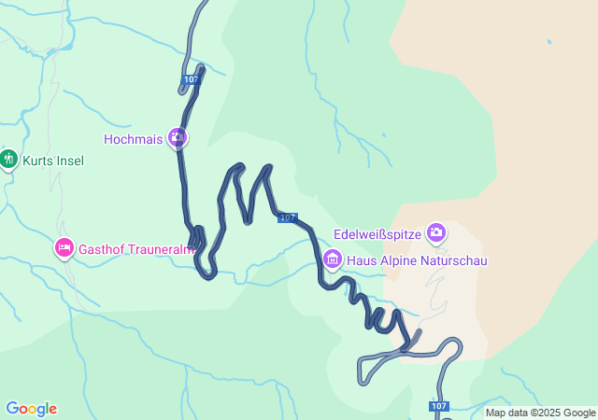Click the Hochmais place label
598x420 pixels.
pos(134,139)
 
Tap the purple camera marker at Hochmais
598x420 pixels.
pos(178,139)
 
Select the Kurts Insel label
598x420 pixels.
pos(53,161)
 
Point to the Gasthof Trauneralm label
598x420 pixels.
pos(136,249)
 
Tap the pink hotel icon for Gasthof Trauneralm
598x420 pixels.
pos(64,248)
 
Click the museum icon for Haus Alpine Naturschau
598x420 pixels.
pos(332,259)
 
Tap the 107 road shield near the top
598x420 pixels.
pos(192,79)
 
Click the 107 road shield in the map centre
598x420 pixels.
pos(288,217)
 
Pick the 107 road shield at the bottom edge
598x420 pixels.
pos(440,407)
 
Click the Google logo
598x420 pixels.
pos(31,409)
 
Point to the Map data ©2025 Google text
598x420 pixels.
pos(540,413)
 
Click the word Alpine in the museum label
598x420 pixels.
pos(397,259)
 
